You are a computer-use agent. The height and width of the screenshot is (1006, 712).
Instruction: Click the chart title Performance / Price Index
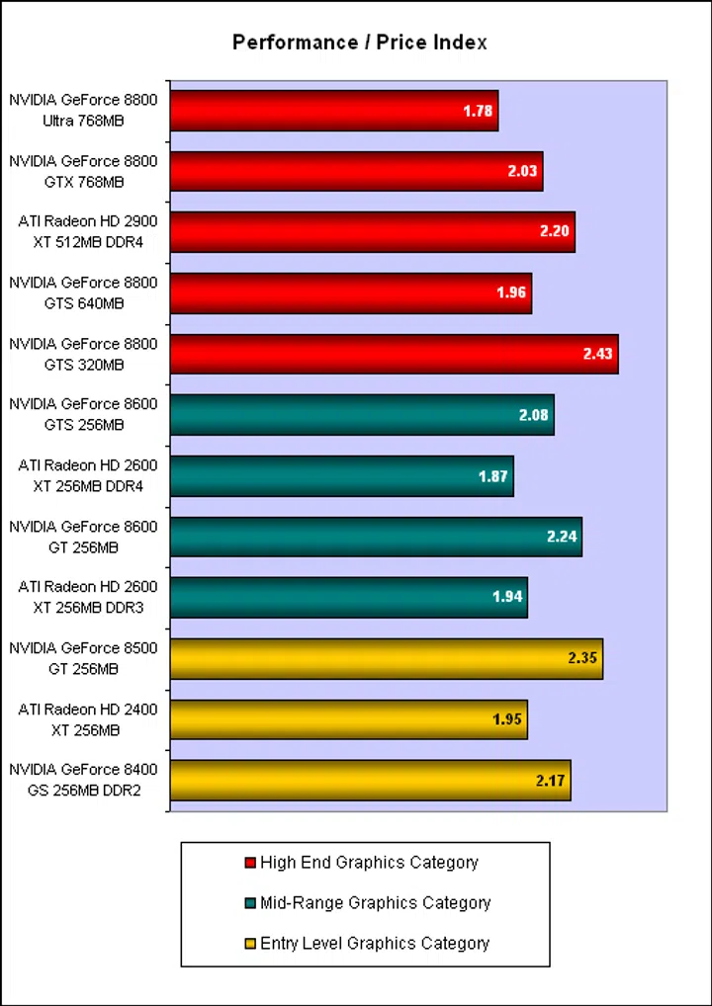coord(360,42)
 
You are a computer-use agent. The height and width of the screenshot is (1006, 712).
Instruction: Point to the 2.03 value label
coord(522,172)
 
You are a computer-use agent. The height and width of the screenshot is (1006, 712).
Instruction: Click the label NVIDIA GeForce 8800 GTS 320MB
coord(83,355)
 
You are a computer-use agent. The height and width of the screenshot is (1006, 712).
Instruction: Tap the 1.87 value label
coord(492,476)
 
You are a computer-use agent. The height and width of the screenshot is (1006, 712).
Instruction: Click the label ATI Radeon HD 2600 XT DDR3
coord(83,598)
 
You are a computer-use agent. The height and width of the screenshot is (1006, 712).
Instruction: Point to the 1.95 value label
coord(507,719)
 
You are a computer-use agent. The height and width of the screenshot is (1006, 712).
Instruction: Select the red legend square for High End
coord(249,863)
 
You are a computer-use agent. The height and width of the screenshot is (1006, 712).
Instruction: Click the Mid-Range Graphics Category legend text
coord(375,902)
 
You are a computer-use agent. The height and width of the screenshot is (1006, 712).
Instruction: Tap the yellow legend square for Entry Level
coord(249,943)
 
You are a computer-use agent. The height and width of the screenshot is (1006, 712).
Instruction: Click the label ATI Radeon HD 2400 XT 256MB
coord(83,719)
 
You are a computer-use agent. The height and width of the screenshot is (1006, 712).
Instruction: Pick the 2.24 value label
coord(561,538)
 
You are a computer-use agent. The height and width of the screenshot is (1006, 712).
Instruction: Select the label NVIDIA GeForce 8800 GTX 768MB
coord(83,171)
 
